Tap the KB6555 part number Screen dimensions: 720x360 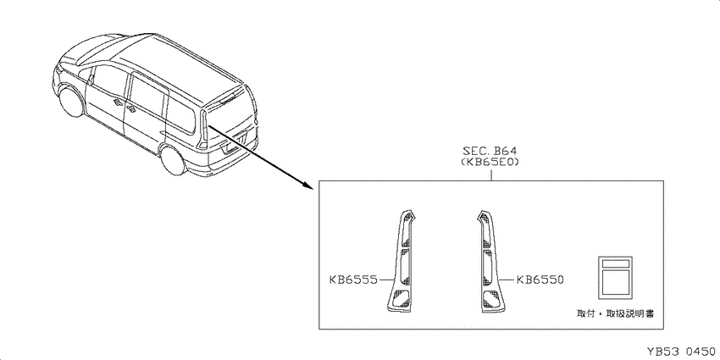click(x=353, y=280)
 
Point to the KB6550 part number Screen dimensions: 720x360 click(x=540, y=280)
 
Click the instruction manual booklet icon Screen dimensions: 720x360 click(x=615, y=274)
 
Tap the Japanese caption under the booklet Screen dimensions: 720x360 click(x=615, y=313)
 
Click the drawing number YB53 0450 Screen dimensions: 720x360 click(x=681, y=352)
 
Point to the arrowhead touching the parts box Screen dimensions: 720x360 click(x=309, y=184)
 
